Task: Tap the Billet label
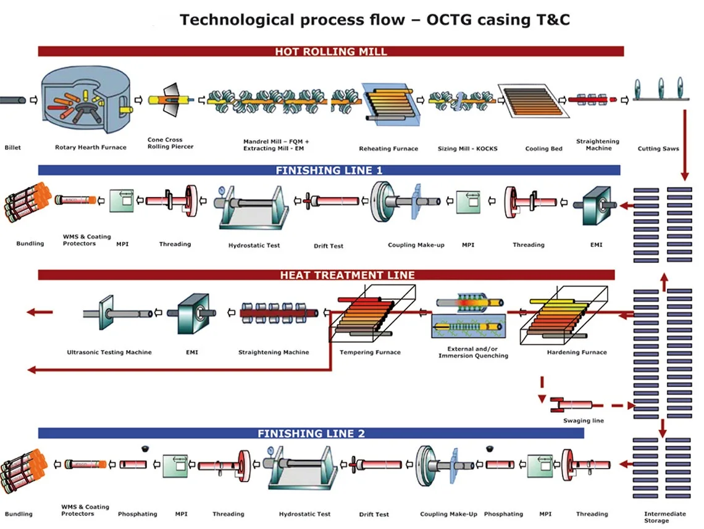point(12,147)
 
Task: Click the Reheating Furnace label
point(388,149)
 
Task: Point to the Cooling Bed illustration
point(534,101)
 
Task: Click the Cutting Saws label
point(658,149)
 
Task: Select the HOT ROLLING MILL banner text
point(331,52)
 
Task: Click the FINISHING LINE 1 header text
point(329,170)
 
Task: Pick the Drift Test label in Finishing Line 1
point(328,246)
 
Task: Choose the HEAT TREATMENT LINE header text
point(348,275)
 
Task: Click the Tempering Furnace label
point(370,352)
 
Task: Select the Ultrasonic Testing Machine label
point(109,352)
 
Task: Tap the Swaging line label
point(583,420)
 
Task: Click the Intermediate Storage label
point(664,517)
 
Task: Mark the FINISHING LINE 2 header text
point(311,434)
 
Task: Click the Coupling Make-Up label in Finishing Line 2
point(448,514)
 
